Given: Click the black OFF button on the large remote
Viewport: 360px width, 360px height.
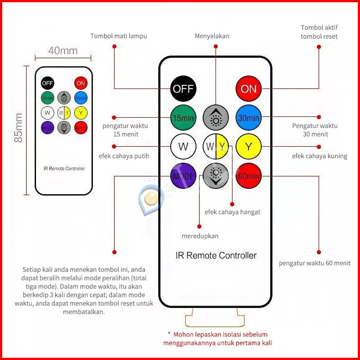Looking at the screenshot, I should pyautogui.click(x=184, y=88).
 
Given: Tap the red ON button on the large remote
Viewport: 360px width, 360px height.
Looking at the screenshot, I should pyautogui.click(x=248, y=88).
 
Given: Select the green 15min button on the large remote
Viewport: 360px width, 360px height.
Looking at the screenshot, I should pyautogui.click(x=184, y=118).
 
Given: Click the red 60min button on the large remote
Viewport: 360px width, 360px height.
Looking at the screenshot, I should pyautogui.click(x=248, y=176).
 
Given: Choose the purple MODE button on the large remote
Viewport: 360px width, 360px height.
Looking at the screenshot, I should pyautogui.click(x=184, y=176).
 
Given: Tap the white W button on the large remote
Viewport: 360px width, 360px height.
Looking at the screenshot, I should pyautogui.click(x=184, y=146).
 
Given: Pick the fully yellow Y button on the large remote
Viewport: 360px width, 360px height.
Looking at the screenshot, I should pyautogui.click(x=248, y=146).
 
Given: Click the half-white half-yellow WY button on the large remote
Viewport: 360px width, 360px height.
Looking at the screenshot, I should pyautogui.click(x=216, y=146).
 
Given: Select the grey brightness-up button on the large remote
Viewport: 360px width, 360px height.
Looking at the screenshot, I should pyautogui.click(x=216, y=118).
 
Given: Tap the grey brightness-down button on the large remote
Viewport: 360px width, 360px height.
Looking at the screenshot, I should pyautogui.click(x=216, y=176).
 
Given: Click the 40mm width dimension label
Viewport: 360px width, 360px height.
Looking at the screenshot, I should pyautogui.click(x=63, y=51).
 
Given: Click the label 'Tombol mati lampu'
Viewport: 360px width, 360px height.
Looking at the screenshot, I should pyautogui.click(x=119, y=36).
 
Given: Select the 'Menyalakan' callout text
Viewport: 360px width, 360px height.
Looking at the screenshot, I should pyautogui.click(x=212, y=36).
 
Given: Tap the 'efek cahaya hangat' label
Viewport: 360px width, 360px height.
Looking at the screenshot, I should pyautogui.click(x=232, y=212).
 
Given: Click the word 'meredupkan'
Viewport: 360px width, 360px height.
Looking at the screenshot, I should pyautogui.click(x=200, y=236).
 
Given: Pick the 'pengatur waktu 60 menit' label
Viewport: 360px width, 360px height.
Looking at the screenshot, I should pyautogui.click(x=315, y=263).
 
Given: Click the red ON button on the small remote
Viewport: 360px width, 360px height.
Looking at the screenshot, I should pyautogui.click(x=80, y=83).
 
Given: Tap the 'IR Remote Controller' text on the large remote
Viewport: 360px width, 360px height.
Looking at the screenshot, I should pyautogui.click(x=216, y=256).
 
